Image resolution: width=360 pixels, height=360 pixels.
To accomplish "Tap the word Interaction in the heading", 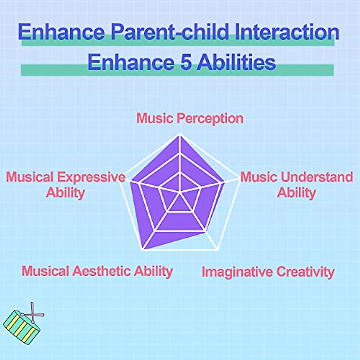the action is pyautogui.click(x=287, y=31).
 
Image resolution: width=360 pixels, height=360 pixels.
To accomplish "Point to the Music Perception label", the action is pyautogui.click(x=190, y=118).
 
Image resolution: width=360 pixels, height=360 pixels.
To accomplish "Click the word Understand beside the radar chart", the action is pyautogui.click(x=317, y=177).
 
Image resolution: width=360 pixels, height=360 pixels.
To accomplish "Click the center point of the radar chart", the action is pyautogui.click(x=179, y=192).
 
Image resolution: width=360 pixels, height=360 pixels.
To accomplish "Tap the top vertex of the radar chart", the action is pyautogui.click(x=179, y=134).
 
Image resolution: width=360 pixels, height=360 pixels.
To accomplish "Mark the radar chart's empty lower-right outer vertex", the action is pyautogui.click(x=217, y=249).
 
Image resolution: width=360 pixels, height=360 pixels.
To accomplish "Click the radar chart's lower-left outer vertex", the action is pyautogui.click(x=143, y=249).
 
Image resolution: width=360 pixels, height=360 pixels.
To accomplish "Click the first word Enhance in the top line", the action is pyautogui.click(x=61, y=31).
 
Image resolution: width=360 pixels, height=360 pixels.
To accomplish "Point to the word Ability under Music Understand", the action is pyautogui.click(x=296, y=193).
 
